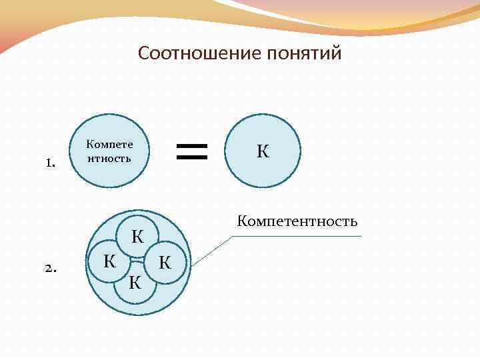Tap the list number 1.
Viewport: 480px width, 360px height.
49,163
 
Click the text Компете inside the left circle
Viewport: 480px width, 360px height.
109,144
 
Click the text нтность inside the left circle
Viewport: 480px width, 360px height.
109,159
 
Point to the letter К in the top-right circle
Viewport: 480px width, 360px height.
263,151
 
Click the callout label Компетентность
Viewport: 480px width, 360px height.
297,221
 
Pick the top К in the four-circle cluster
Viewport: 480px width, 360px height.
138,236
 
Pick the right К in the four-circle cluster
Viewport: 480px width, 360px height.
165,263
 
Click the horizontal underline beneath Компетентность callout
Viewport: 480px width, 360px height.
300,236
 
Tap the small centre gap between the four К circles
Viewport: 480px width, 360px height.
137,261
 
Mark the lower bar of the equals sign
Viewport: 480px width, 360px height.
192,158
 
